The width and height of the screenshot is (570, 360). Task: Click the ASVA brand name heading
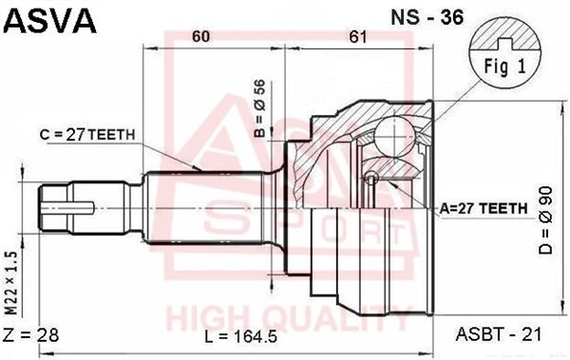click(x=49, y=20)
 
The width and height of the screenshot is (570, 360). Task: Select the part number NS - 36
click(x=427, y=17)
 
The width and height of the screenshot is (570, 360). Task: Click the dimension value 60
click(x=200, y=36)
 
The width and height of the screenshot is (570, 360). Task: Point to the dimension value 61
click(x=358, y=36)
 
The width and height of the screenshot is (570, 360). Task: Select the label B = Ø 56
click(x=260, y=108)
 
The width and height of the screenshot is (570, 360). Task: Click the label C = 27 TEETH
click(x=87, y=135)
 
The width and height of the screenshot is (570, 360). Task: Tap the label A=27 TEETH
click(x=484, y=208)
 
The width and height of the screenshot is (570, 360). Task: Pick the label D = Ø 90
click(x=545, y=220)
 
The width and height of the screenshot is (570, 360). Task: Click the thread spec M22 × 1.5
click(x=11, y=283)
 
